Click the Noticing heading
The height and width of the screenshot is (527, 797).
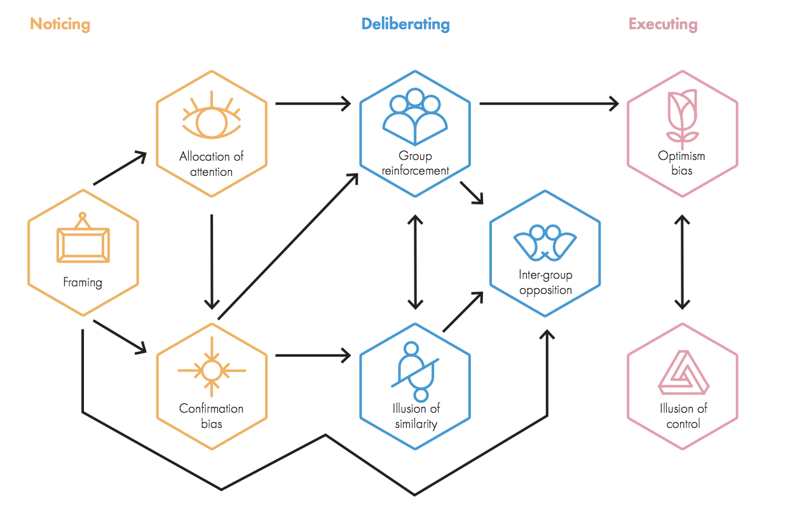60,24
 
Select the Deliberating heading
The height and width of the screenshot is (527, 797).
405,24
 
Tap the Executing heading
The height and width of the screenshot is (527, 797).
664,24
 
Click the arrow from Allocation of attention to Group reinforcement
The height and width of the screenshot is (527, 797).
313,103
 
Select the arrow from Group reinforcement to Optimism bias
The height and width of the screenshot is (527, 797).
549,103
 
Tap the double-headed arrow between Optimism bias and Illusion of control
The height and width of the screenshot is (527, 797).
683,262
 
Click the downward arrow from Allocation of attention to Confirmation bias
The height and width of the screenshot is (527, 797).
212,262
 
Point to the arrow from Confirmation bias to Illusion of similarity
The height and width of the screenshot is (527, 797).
313,356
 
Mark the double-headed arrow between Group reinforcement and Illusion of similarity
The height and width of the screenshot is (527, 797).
415,262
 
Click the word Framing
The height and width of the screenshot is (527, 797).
83,283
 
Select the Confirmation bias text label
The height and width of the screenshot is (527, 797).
212,416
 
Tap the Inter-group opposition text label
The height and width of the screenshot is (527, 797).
545,283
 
